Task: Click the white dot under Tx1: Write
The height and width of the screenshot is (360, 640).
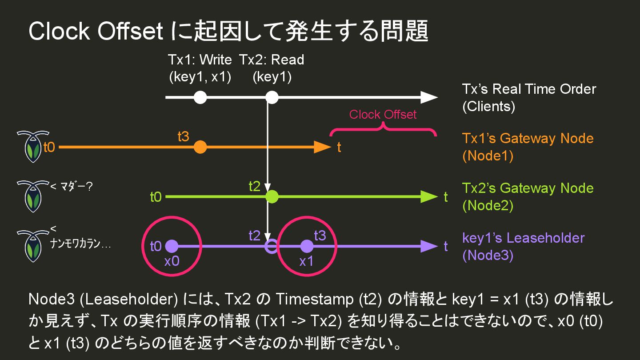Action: click(200, 97)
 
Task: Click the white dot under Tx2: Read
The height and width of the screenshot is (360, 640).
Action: click(272, 97)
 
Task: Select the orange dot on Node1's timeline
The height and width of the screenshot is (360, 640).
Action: click(200, 147)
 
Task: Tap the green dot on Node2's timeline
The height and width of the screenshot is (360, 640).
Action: click(272, 196)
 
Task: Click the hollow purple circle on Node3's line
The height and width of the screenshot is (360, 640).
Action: click(271, 246)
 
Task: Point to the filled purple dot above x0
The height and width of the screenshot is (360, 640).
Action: click(172, 246)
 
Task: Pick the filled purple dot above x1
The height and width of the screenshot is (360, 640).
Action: click(307, 246)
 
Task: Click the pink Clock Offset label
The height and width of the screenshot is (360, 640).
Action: click(383, 115)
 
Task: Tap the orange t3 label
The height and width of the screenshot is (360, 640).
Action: click(183, 137)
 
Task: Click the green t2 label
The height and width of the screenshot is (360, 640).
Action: click(254, 187)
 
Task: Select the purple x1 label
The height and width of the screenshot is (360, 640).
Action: click(306, 261)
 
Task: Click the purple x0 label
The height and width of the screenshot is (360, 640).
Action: click(172, 261)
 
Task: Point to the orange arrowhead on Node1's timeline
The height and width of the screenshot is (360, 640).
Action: click(322, 147)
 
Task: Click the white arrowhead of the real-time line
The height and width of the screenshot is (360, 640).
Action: click(429, 97)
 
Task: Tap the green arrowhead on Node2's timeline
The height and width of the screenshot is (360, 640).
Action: click(429, 196)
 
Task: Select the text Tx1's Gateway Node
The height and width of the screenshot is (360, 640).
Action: click(528, 138)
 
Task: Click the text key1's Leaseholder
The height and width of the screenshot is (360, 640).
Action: click(523, 238)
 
